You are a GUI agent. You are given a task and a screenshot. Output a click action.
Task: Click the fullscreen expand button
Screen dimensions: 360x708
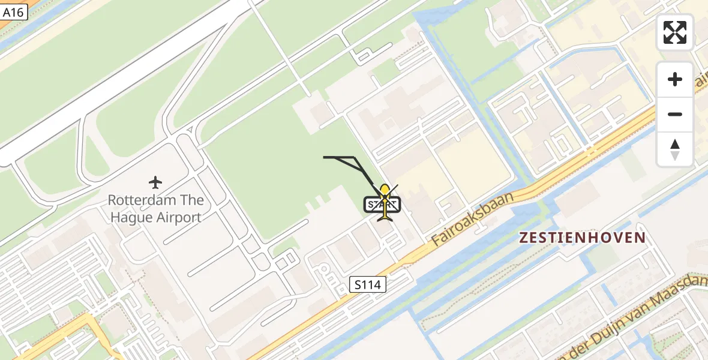[675, 32]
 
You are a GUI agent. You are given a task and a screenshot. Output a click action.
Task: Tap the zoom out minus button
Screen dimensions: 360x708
[675, 114]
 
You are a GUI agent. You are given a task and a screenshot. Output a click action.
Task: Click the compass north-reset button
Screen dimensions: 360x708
[675, 149]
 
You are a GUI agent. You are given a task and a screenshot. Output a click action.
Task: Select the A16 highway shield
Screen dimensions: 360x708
[13, 11]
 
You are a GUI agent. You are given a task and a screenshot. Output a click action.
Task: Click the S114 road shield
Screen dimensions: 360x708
[368, 285]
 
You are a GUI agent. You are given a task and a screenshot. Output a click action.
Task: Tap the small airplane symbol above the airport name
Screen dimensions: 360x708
[156, 182]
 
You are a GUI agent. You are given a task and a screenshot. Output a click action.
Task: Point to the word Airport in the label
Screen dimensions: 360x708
[178, 217]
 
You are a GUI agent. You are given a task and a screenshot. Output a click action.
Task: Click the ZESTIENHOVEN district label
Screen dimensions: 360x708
[583, 238]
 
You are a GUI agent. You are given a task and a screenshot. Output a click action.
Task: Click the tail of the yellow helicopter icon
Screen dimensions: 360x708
[385, 217]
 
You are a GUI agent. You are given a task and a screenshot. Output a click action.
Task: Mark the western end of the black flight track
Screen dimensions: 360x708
[325, 157]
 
